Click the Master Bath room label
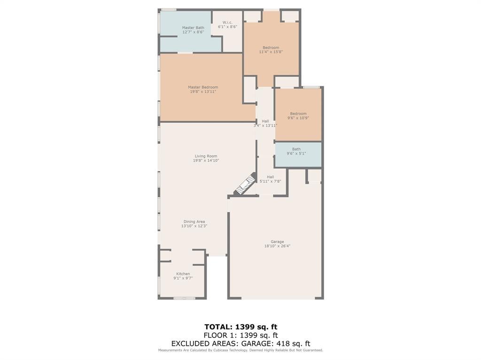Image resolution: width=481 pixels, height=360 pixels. [193, 28]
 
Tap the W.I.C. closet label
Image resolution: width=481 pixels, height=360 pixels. [227, 23]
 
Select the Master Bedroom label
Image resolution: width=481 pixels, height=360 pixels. [203, 87]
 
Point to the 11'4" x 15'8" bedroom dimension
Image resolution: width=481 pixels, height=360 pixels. [271, 52]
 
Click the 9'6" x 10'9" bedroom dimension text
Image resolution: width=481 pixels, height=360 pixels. [298, 118]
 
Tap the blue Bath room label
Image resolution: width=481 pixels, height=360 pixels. [296, 149]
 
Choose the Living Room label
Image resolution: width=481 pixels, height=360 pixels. [206, 156]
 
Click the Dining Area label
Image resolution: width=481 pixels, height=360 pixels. [194, 222]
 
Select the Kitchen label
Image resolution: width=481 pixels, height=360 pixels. [183, 274]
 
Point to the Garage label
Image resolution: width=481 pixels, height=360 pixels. [277, 242]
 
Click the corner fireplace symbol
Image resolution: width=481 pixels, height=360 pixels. [245, 184]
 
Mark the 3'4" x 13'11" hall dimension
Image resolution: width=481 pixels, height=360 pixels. [265, 125]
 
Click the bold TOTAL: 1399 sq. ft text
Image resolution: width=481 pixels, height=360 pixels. [241, 327]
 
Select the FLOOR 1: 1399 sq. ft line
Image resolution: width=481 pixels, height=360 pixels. [241, 335]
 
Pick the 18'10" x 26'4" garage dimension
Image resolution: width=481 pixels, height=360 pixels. [277, 246]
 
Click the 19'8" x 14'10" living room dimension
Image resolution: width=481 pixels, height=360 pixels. [206, 161]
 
